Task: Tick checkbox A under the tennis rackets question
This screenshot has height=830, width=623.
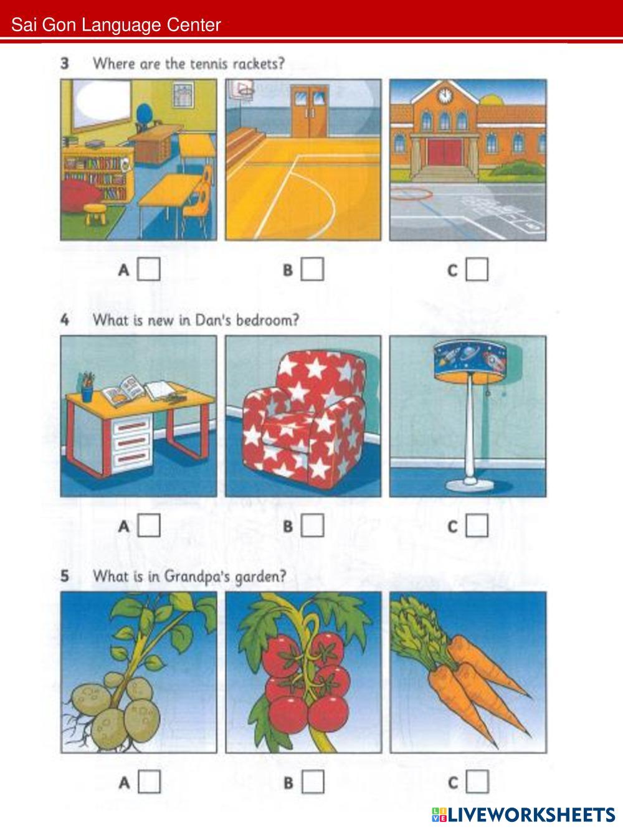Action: click(x=149, y=269)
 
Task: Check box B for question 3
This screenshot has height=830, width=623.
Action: click(x=313, y=269)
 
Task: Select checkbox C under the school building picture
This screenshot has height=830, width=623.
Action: click(x=477, y=269)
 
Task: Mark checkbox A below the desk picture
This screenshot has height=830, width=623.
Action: click(x=149, y=526)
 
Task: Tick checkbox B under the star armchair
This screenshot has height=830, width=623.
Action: click(x=313, y=526)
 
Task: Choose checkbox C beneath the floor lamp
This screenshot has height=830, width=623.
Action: click(x=477, y=526)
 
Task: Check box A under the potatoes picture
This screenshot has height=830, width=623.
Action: click(x=149, y=781)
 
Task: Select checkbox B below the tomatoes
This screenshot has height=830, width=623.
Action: click(x=313, y=781)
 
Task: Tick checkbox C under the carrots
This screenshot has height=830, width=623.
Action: click(x=477, y=781)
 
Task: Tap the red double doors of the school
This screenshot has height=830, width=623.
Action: click(x=445, y=152)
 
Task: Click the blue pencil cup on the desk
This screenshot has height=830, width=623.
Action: click(x=87, y=393)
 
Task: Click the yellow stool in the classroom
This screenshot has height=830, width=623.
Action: click(x=95, y=214)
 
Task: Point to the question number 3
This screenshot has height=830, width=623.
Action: click(x=65, y=64)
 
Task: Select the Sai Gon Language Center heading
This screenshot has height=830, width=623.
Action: click(x=116, y=25)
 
